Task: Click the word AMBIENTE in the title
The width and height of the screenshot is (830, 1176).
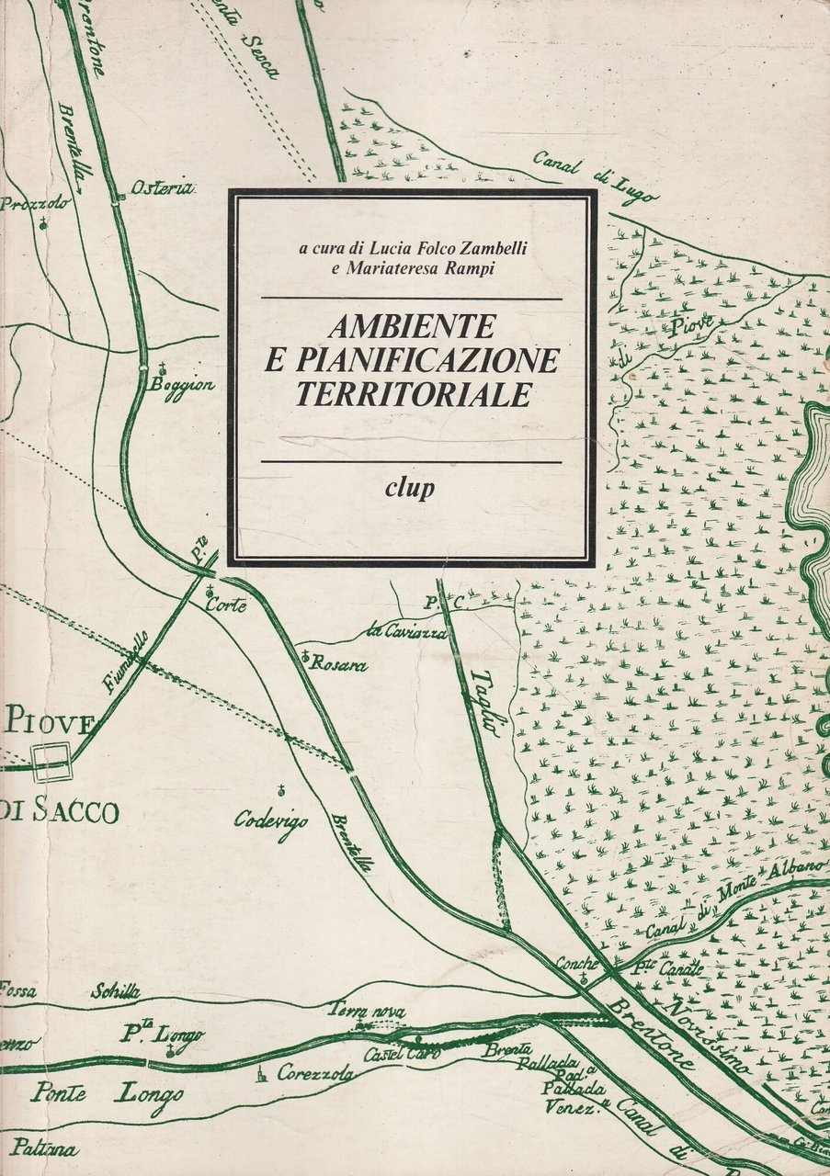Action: coord(411,326)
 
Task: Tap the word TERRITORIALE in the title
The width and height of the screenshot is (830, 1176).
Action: coord(415,393)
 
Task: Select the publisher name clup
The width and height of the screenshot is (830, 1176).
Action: coord(411,487)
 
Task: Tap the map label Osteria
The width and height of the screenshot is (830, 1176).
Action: coord(162,188)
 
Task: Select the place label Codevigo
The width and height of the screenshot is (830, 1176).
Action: coord(270,820)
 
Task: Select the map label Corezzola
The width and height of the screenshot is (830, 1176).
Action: coord(316,1072)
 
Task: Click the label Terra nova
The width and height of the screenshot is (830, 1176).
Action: coord(367,1010)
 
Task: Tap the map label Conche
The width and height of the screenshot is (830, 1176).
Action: coord(577,965)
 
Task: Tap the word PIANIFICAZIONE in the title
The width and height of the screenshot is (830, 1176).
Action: coord(411,360)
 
